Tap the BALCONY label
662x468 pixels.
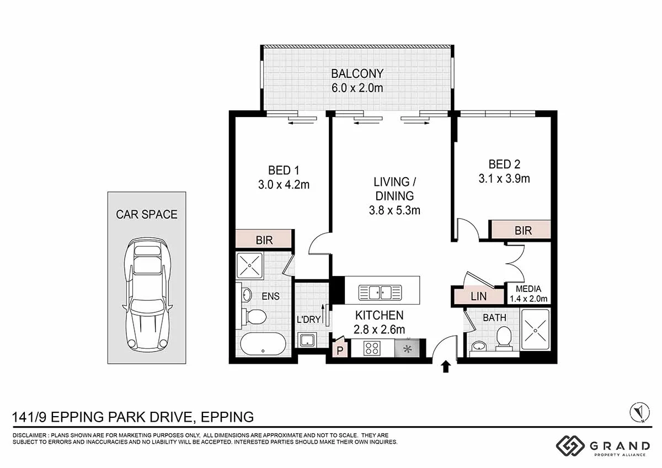357,73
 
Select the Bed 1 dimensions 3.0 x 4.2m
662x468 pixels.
284,185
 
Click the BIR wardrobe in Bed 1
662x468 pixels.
264,239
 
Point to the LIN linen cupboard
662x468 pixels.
479,296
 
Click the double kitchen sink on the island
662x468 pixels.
380,292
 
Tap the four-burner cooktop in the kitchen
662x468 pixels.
372,348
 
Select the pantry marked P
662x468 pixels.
340,348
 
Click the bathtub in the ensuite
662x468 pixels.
263,344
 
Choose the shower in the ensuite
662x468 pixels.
250,265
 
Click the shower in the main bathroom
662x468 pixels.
535,330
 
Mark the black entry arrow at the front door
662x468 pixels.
446,366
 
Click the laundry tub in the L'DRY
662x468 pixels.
307,340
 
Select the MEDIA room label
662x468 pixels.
528,289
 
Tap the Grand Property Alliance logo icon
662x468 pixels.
570,446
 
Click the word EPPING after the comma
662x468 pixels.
227,417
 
